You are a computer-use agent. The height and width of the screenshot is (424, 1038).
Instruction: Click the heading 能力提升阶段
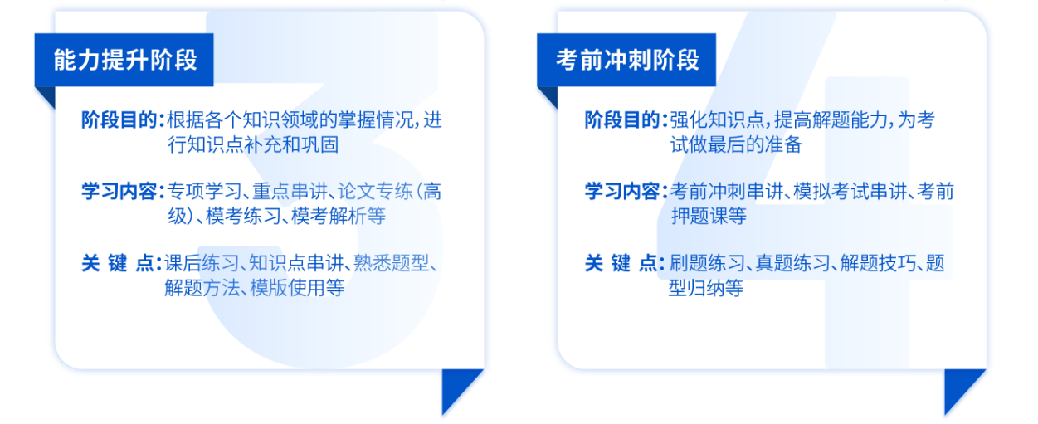[x=125, y=61]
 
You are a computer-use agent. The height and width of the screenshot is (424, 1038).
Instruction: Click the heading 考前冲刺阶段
[x=627, y=61]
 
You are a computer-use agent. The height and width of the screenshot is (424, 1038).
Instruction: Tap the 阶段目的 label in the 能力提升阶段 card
[x=119, y=120]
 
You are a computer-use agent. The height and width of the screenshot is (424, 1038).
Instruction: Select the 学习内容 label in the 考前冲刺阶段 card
[x=622, y=192]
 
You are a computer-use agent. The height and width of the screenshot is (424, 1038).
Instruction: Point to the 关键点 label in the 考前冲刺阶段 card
[x=621, y=263]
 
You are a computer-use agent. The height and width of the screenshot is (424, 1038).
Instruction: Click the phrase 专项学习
[x=205, y=192]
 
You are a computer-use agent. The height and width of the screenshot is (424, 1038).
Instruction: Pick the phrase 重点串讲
[x=290, y=192]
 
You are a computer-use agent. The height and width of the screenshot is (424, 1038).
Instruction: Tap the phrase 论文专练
[x=375, y=192]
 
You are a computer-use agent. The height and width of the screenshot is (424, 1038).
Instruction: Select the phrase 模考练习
[x=243, y=216]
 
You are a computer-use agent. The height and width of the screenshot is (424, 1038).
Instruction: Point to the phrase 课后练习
[x=202, y=263]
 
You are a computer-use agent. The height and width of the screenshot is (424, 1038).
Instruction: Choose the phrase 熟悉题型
[x=391, y=263]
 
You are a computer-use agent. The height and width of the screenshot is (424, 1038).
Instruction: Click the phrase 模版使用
[x=287, y=288]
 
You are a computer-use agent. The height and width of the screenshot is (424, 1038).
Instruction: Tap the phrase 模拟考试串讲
[x=850, y=192]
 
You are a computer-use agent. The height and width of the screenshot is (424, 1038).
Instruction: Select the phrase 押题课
[x=699, y=216]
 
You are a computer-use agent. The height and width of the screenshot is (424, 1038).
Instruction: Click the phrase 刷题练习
[x=707, y=263]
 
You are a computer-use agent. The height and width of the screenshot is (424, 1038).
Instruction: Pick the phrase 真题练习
[x=793, y=263]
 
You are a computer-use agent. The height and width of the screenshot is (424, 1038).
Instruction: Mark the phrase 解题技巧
[x=878, y=263]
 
